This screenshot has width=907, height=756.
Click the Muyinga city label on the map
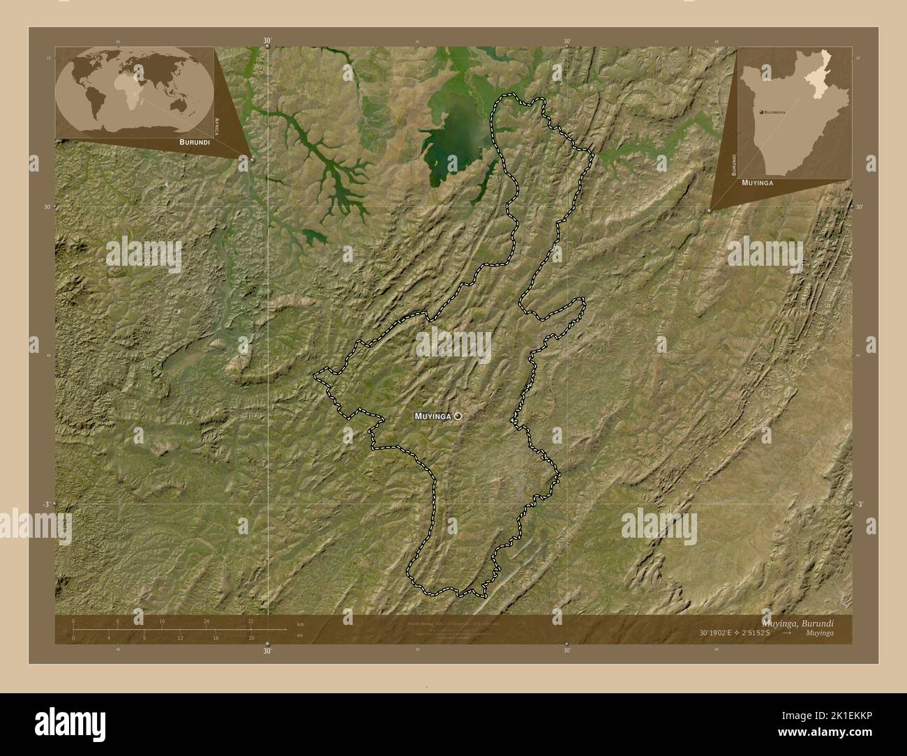click(433, 416)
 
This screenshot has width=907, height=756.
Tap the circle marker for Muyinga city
click(458, 416)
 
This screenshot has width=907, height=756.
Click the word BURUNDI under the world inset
click(194, 142)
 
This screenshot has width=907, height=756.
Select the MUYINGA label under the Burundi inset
click(758, 181)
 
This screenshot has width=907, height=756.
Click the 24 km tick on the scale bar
click(206, 621)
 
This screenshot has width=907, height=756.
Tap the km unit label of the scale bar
click(300, 623)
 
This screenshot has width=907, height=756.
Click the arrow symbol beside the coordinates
click(787, 633)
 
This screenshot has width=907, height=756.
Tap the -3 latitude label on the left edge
click(47, 504)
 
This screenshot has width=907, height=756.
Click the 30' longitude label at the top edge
click(267, 41)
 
